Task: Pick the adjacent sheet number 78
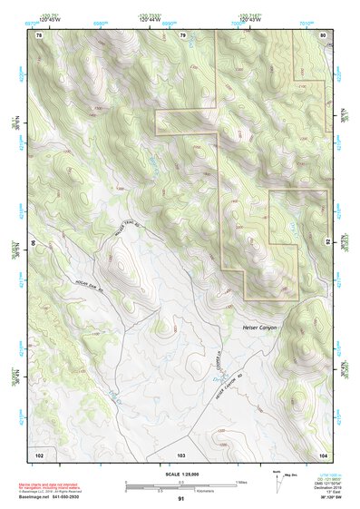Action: (39, 34)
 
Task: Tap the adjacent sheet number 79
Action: (182, 34)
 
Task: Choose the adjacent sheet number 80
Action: (324, 34)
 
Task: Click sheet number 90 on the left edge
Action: (33, 243)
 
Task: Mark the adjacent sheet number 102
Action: (39, 452)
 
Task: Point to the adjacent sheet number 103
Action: (181, 452)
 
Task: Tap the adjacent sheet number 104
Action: (323, 452)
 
